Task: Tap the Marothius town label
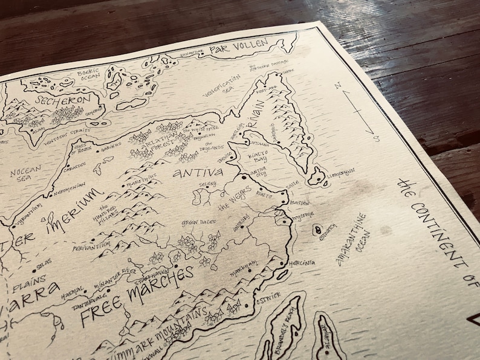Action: click(x=141, y=176)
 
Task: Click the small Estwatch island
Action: click(x=317, y=230)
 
